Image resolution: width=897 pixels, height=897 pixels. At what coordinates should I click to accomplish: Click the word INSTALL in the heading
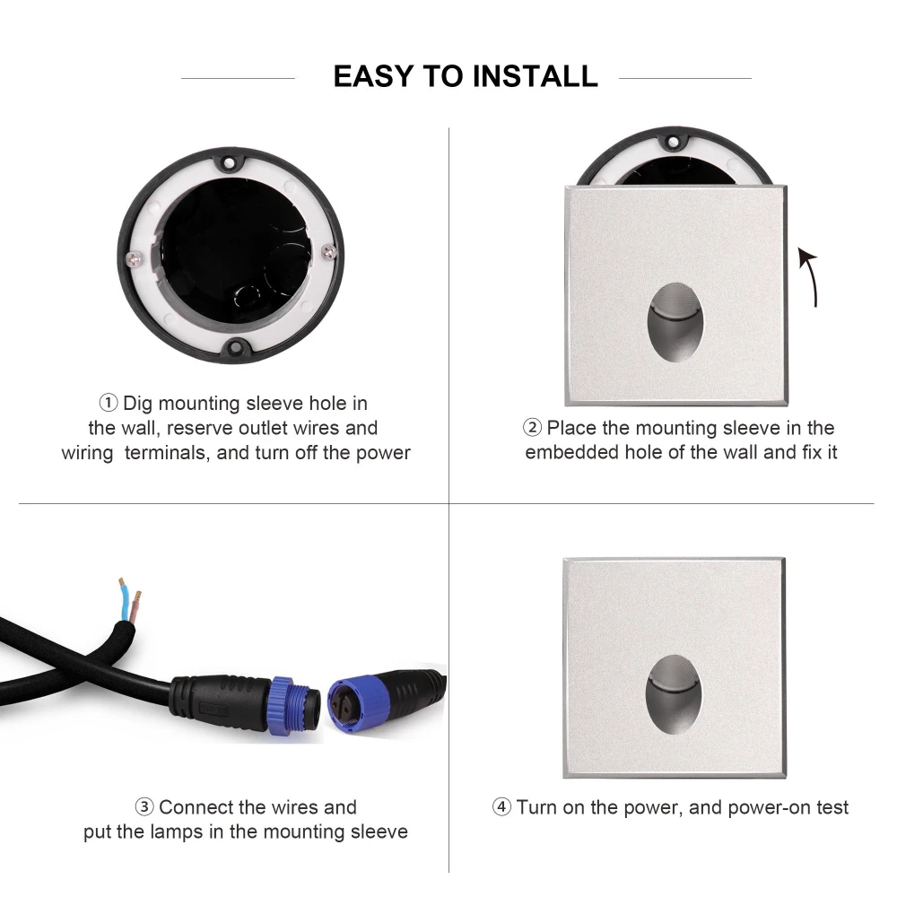(x=536, y=76)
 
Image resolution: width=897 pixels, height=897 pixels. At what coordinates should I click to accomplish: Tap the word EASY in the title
(x=373, y=76)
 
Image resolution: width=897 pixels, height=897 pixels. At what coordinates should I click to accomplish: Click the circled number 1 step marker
(x=109, y=403)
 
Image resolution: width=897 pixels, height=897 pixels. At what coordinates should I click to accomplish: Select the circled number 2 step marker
(x=532, y=427)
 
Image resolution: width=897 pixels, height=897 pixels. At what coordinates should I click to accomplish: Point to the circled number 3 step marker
(x=144, y=806)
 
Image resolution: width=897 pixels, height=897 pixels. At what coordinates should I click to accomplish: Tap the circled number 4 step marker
(x=501, y=806)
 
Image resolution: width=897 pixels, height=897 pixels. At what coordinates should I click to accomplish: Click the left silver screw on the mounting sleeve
(x=134, y=258)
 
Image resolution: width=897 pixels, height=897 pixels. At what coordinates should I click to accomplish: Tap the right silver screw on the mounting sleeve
(x=329, y=251)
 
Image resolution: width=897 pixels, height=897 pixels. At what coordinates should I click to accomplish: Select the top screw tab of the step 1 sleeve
(x=229, y=162)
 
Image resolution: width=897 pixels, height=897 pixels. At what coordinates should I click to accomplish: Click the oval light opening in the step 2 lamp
(x=675, y=322)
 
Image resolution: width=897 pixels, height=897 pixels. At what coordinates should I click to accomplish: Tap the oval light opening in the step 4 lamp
(x=674, y=694)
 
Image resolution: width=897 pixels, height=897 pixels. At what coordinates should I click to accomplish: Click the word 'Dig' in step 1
(x=138, y=404)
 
